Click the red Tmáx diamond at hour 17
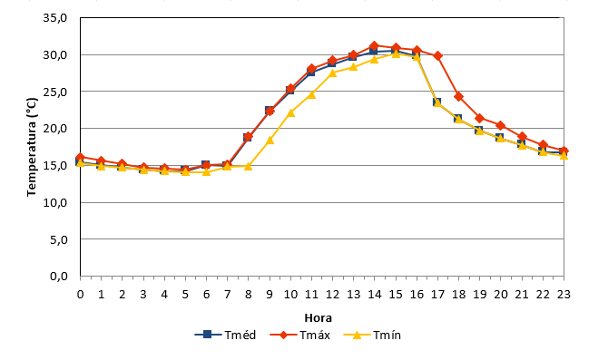point(437,56)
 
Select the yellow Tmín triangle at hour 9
point(270,140)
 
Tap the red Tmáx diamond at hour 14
point(374,45)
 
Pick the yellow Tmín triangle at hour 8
point(249,166)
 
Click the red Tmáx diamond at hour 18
point(458,96)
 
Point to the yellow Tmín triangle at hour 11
point(311,94)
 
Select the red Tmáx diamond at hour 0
point(80,158)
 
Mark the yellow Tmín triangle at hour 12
point(332,73)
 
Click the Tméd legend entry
point(225,335)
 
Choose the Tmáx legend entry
point(300,335)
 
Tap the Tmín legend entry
point(372,335)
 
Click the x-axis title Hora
point(318,318)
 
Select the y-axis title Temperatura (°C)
point(32,147)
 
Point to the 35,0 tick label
point(55,18)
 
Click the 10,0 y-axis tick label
point(55,202)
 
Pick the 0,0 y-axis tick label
point(59,277)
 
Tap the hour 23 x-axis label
point(564,295)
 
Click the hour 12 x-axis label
point(332,295)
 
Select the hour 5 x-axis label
point(185,295)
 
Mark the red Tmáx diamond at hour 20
point(501,125)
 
